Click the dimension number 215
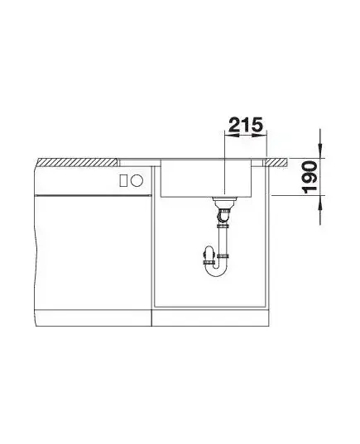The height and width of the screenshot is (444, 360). click(246, 125)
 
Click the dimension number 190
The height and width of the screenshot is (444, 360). click(310, 177)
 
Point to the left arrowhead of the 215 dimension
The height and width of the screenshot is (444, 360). click(229, 136)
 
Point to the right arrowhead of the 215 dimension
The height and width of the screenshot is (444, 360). click(262, 136)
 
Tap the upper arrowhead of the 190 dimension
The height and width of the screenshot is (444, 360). click(320, 150)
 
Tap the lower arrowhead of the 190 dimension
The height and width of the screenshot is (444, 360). click(320, 203)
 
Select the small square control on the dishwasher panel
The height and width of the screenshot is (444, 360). click(123, 180)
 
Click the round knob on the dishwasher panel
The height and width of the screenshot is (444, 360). click(137, 180)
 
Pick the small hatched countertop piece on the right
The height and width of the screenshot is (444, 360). click(276, 162)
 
